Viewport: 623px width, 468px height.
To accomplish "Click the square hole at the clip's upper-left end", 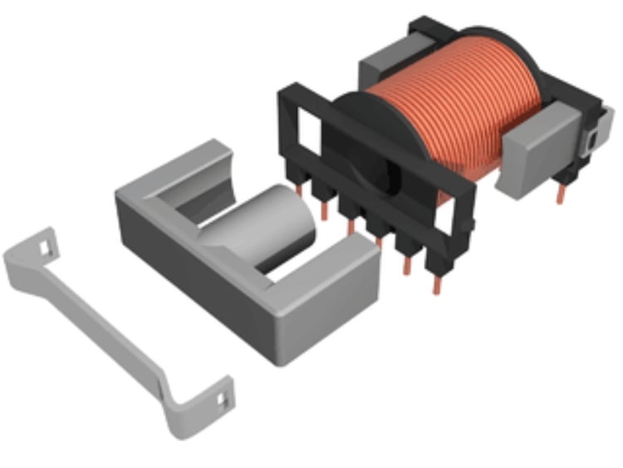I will click(x=44, y=247).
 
